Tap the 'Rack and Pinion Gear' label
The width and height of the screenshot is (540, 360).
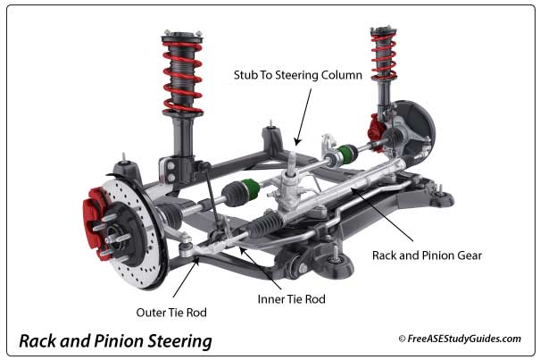click(427, 255)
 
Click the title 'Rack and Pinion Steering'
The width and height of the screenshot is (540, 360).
click(116, 340)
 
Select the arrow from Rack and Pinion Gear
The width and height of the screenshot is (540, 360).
click(385, 214)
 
